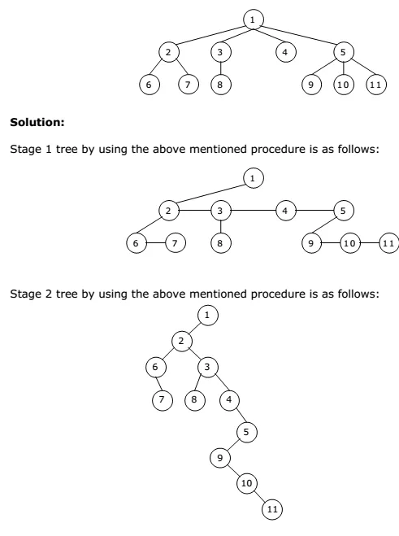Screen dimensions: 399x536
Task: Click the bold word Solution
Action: [37, 122]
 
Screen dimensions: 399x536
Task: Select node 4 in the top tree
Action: [285, 52]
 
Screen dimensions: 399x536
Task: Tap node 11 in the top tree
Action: [375, 85]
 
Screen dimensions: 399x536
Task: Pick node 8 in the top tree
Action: [221, 85]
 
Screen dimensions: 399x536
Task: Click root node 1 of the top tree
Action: [253, 20]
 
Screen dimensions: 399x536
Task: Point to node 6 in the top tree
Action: [150, 85]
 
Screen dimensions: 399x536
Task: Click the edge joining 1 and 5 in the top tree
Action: [298, 35]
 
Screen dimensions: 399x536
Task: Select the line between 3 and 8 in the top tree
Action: [221, 68]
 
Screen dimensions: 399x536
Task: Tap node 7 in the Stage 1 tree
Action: [176, 243]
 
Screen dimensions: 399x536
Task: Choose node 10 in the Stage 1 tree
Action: [349, 243]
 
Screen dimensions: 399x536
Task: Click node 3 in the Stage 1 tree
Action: [221, 211]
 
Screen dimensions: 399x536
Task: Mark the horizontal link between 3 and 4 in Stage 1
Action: [253, 211]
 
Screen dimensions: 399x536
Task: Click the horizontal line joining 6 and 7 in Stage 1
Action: [156, 243]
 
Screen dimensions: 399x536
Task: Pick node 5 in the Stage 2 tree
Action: [247, 432]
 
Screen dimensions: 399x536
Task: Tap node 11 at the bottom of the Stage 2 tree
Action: [272, 509]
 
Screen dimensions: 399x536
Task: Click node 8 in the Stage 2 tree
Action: [195, 399]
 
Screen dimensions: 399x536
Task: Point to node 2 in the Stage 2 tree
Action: [182, 341]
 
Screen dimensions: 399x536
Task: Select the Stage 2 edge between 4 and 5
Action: [238, 416]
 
